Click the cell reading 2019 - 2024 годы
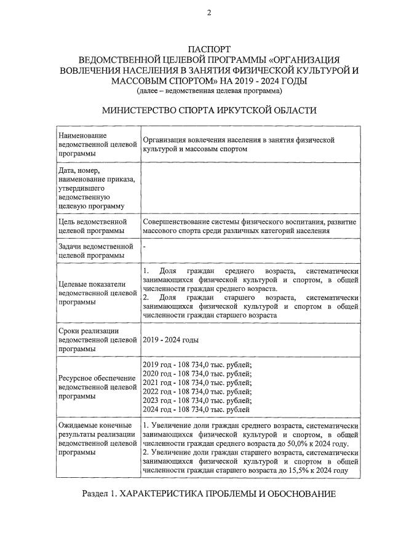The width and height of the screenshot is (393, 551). tap(170, 339)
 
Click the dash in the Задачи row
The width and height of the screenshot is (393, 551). tap(144, 246)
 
